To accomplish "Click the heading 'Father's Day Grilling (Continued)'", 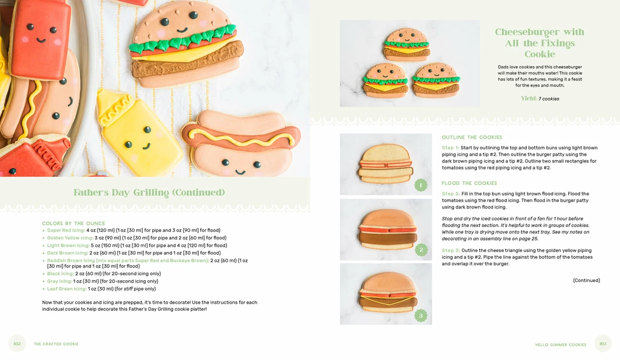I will pyautogui.click(x=149, y=192).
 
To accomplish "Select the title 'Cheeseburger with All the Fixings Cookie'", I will pyautogui.click(x=540, y=43).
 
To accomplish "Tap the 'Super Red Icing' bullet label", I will pyautogui.click(x=66, y=230).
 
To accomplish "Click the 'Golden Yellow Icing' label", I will pyautogui.click(x=69, y=238).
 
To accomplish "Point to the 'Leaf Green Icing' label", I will pyautogui.click(x=66, y=289).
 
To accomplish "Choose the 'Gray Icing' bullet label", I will pyautogui.click(x=60, y=281).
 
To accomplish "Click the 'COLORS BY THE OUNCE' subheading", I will pyautogui.click(x=73, y=223).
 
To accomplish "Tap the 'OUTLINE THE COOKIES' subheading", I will pyautogui.click(x=471, y=138).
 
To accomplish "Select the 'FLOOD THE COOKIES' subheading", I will pyautogui.click(x=469, y=183).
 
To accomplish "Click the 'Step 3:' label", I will pyautogui.click(x=451, y=251).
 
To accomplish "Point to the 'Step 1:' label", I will pyautogui.click(x=451, y=148).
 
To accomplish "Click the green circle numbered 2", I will pyautogui.click(x=421, y=250).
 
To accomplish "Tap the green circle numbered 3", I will pyautogui.click(x=421, y=315).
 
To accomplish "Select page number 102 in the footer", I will pyautogui.click(x=17, y=344).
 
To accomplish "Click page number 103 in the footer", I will pyautogui.click(x=603, y=344).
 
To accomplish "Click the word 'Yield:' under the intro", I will pyautogui.click(x=529, y=99).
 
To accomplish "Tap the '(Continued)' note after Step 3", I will pyautogui.click(x=586, y=281).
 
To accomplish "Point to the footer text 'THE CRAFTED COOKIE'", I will pyautogui.click(x=56, y=344).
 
